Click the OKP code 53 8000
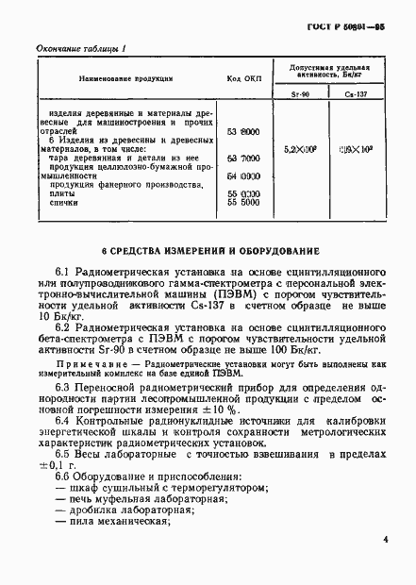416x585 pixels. [244, 132]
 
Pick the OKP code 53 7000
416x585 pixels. [244, 158]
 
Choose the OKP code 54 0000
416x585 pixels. [244, 175]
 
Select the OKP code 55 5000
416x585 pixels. [244, 202]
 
